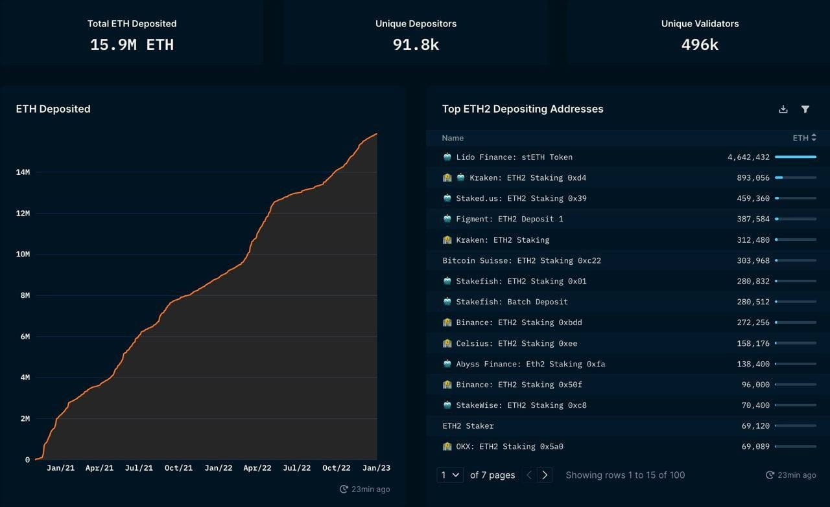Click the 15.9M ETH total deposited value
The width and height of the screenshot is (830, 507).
[132, 45]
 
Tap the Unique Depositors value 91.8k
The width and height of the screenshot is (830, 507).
[416, 45]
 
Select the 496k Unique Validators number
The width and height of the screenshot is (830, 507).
[700, 45]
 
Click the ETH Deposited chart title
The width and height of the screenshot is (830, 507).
[53, 109]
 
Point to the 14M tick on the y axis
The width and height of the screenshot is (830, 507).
[23, 172]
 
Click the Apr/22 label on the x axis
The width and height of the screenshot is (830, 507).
[257, 468]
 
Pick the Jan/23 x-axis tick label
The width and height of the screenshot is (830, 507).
[376, 468]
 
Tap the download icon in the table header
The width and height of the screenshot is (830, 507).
[783, 109]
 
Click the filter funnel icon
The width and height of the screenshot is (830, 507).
[805, 109]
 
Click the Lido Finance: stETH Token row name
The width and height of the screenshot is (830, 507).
[514, 157]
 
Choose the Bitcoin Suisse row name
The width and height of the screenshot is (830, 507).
[521, 261]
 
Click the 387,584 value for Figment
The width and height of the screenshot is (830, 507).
[753, 219]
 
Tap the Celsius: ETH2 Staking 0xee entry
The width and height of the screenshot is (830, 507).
[516, 343]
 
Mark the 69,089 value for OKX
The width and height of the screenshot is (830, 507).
[755, 447]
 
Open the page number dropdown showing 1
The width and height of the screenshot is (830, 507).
[450, 475]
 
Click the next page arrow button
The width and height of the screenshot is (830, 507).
[545, 475]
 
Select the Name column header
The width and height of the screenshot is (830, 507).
[453, 138]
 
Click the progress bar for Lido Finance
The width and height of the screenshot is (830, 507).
[795, 157]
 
